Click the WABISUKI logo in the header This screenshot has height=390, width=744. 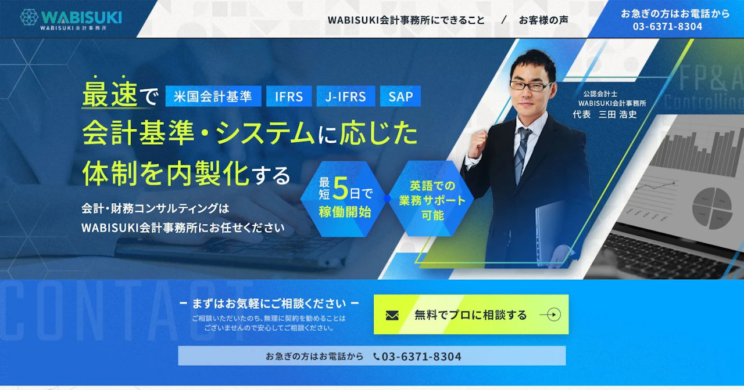[71, 19]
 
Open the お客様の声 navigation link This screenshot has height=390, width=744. [543, 20]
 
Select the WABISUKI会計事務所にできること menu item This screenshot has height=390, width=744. [406, 20]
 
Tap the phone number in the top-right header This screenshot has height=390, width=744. [668, 27]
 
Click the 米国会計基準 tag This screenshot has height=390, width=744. [213, 96]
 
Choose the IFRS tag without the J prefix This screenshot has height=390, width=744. [289, 96]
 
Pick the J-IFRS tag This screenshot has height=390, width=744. [346, 96]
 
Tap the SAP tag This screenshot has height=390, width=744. [400, 96]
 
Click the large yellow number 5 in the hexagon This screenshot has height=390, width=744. [340, 189]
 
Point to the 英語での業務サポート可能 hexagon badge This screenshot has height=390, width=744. [432, 199]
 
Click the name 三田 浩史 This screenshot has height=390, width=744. [618, 115]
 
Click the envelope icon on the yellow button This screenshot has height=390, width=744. [392, 315]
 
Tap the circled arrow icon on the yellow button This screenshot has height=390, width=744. [552, 315]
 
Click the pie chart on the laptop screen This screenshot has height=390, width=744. [712, 208]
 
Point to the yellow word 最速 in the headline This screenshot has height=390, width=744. [110, 95]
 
